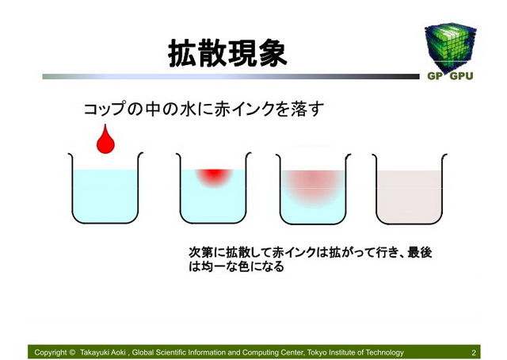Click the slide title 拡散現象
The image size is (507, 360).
point(227,53)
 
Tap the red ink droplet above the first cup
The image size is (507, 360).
point(105,140)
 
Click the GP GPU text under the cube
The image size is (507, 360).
point(450,76)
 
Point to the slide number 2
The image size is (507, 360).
point(474,353)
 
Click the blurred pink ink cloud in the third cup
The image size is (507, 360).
point(313,185)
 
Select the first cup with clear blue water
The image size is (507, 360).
point(105,194)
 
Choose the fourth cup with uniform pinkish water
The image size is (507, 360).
point(410,194)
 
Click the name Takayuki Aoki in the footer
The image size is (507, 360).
point(102,353)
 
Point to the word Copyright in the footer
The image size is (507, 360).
point(51,353)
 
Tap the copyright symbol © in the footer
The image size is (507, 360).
point(72,352)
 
